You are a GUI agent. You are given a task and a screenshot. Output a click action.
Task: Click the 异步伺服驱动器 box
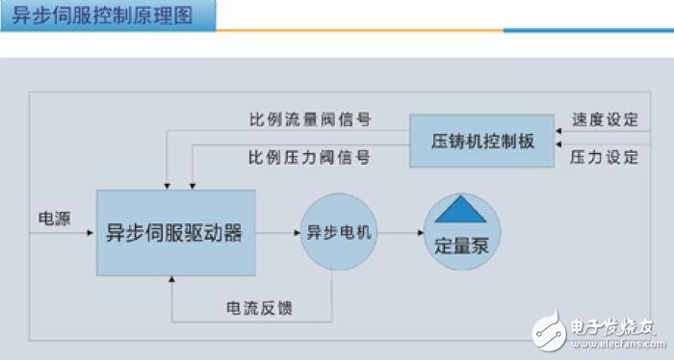coord(175,232)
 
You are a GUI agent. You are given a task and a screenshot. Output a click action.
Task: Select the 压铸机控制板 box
coord(481,141)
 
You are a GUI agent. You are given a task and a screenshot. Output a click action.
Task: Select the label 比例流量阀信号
coord(310,120)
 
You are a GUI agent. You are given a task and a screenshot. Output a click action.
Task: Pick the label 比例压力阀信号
coord(308,156)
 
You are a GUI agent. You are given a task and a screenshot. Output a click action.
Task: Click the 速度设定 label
coord(605,120)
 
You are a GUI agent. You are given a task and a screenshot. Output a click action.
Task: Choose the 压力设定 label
coord(605,156)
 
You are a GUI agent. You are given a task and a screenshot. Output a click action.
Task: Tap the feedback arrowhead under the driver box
coord(171,280)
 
